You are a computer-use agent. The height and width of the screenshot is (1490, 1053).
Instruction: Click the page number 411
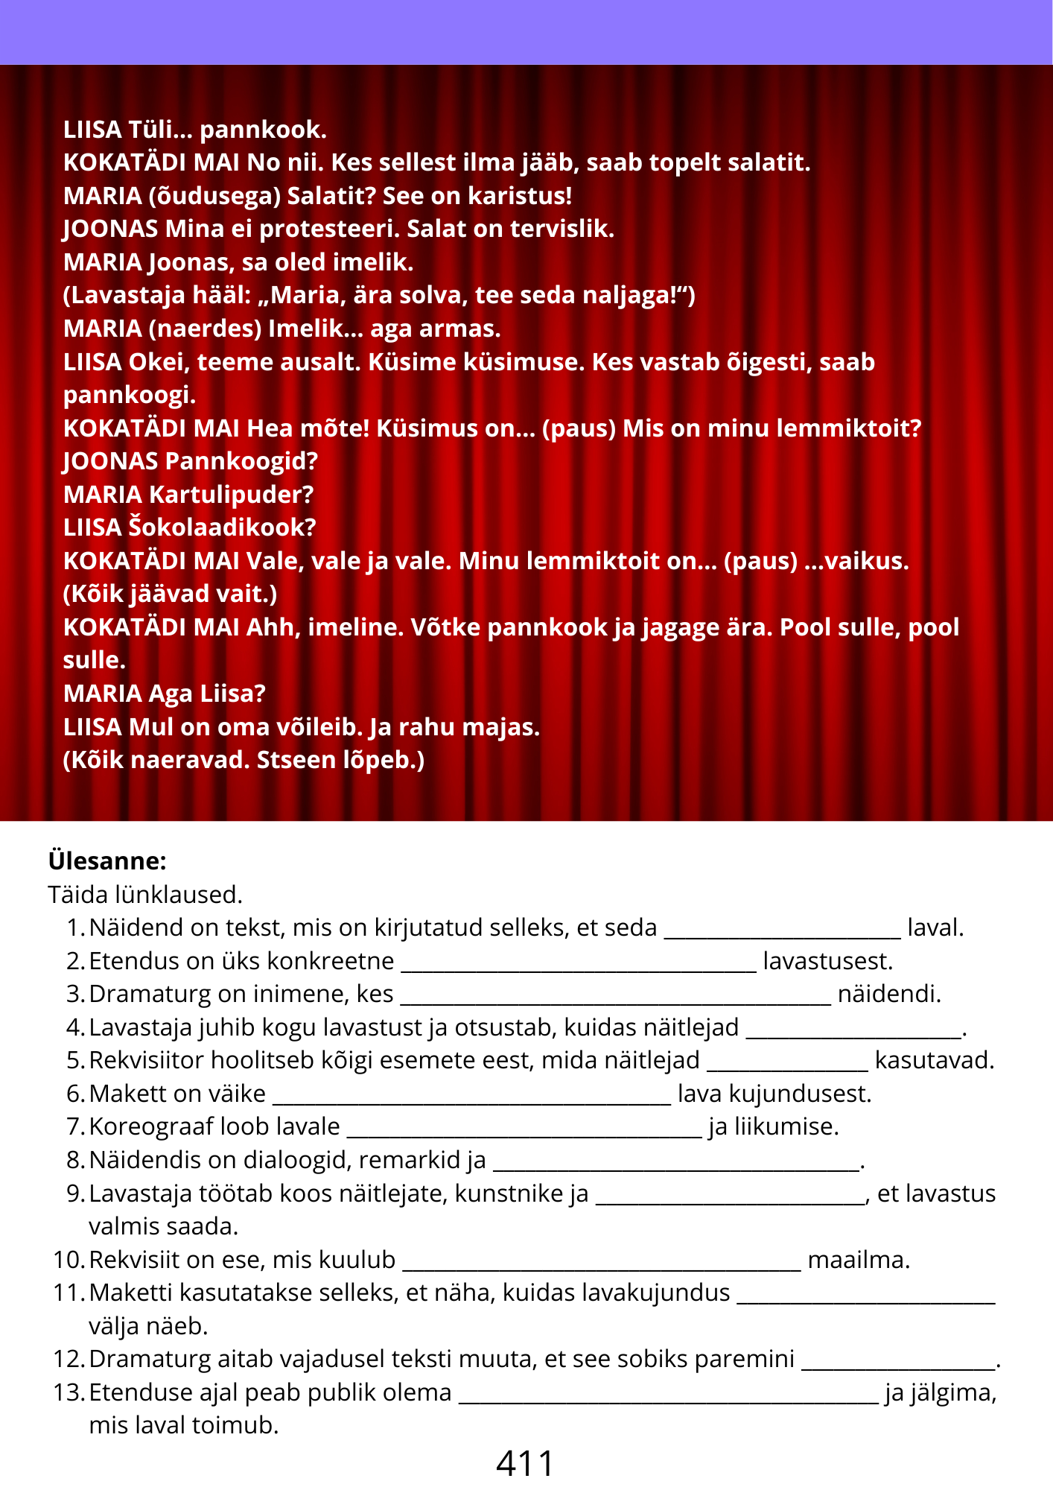[525, 1463]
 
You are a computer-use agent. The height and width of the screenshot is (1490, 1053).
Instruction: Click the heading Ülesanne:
[107, 860]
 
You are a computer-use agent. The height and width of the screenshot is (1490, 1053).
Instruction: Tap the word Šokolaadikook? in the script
[222, 527]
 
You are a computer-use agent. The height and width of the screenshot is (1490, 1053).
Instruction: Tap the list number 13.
[69, 1392]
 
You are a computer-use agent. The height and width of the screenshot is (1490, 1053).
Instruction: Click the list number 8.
[76, 1159]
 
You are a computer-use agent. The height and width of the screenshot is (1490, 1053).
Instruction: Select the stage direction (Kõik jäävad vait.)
[171, 594]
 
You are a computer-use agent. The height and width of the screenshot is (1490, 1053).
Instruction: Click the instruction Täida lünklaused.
[145, 894]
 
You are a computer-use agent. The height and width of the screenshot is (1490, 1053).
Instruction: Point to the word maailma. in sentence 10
[859, 1259]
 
